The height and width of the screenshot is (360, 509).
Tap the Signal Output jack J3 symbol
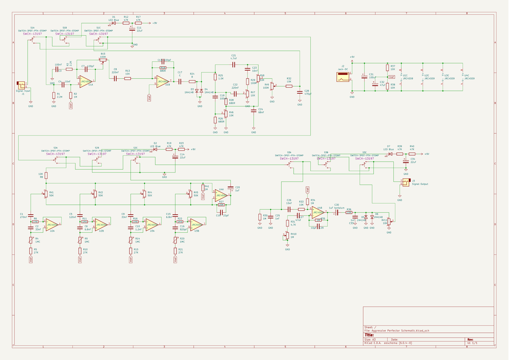point(406,181)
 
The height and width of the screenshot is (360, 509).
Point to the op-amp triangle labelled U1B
point(162,81)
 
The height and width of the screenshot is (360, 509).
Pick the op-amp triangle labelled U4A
point(221,195)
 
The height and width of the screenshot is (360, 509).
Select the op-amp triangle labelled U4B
point(318,211)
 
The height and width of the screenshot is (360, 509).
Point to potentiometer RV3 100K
point(103,62)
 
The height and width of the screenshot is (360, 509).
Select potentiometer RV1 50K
point(45,194)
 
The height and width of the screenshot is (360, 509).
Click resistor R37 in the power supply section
point(387,68)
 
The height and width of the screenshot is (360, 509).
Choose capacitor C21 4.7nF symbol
point(233,64)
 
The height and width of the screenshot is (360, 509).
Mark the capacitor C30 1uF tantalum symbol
point(336,212)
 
